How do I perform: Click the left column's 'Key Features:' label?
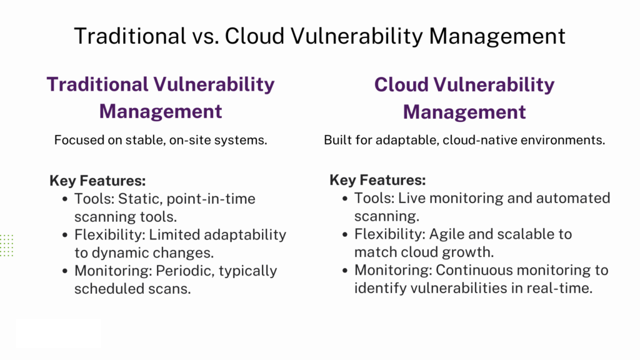click(x=97, y=181)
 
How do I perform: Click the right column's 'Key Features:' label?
click(x=377, y=181)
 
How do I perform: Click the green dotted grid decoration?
click(x=6, y=245)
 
